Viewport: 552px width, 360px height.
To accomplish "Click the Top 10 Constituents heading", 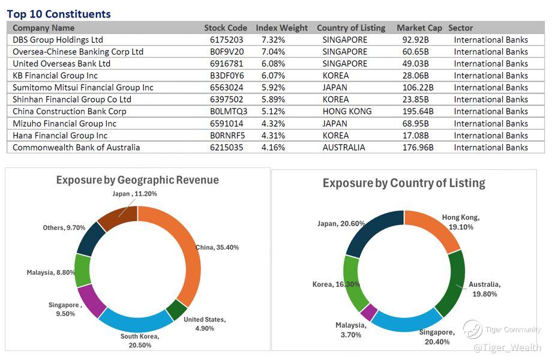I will pos(59,14).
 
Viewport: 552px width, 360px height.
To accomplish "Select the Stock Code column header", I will pos(225,28).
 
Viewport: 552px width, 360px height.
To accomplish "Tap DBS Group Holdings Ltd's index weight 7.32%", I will pos(273,40).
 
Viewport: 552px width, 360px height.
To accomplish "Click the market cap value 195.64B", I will pos(419,112).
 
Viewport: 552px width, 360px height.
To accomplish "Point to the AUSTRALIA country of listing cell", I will pos(344,148).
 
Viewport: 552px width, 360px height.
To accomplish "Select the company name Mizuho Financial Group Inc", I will pos(65,124).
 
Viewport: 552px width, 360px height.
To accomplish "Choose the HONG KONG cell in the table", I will pos(347,112).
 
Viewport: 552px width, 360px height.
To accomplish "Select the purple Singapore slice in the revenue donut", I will pos(93,300).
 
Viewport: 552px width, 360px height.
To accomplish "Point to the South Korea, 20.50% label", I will pos(140,341).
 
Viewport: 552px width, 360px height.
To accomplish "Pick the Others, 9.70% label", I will pos(64,228).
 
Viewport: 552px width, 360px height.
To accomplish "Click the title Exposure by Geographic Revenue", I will pos(137,180).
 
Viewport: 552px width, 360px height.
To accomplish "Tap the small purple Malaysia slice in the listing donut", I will pos(368,313).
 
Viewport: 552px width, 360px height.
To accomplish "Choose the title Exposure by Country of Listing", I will pos(404,183).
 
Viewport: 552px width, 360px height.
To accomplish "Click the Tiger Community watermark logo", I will pos(473,329).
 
